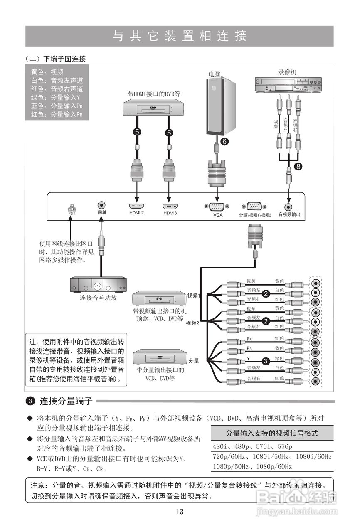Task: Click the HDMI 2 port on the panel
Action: (136, 206)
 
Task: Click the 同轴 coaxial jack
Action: (101, 205)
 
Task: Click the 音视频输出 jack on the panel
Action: (288, 206)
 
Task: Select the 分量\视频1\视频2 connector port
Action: (255, 206)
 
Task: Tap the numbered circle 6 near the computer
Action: (224, 141)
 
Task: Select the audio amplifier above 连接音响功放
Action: (99, 285)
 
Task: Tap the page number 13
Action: (180, 512)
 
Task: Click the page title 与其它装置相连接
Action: (180, 36)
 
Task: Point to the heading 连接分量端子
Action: (66, 401)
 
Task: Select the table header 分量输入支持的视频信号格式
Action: (272, 433)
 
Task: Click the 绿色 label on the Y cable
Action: (279, 358)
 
